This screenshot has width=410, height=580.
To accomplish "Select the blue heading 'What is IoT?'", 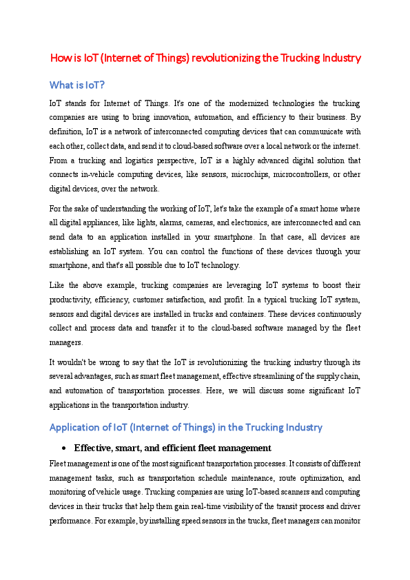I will [x=77, y=85].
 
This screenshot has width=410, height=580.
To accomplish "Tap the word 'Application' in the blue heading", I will [x=77, y=428].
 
